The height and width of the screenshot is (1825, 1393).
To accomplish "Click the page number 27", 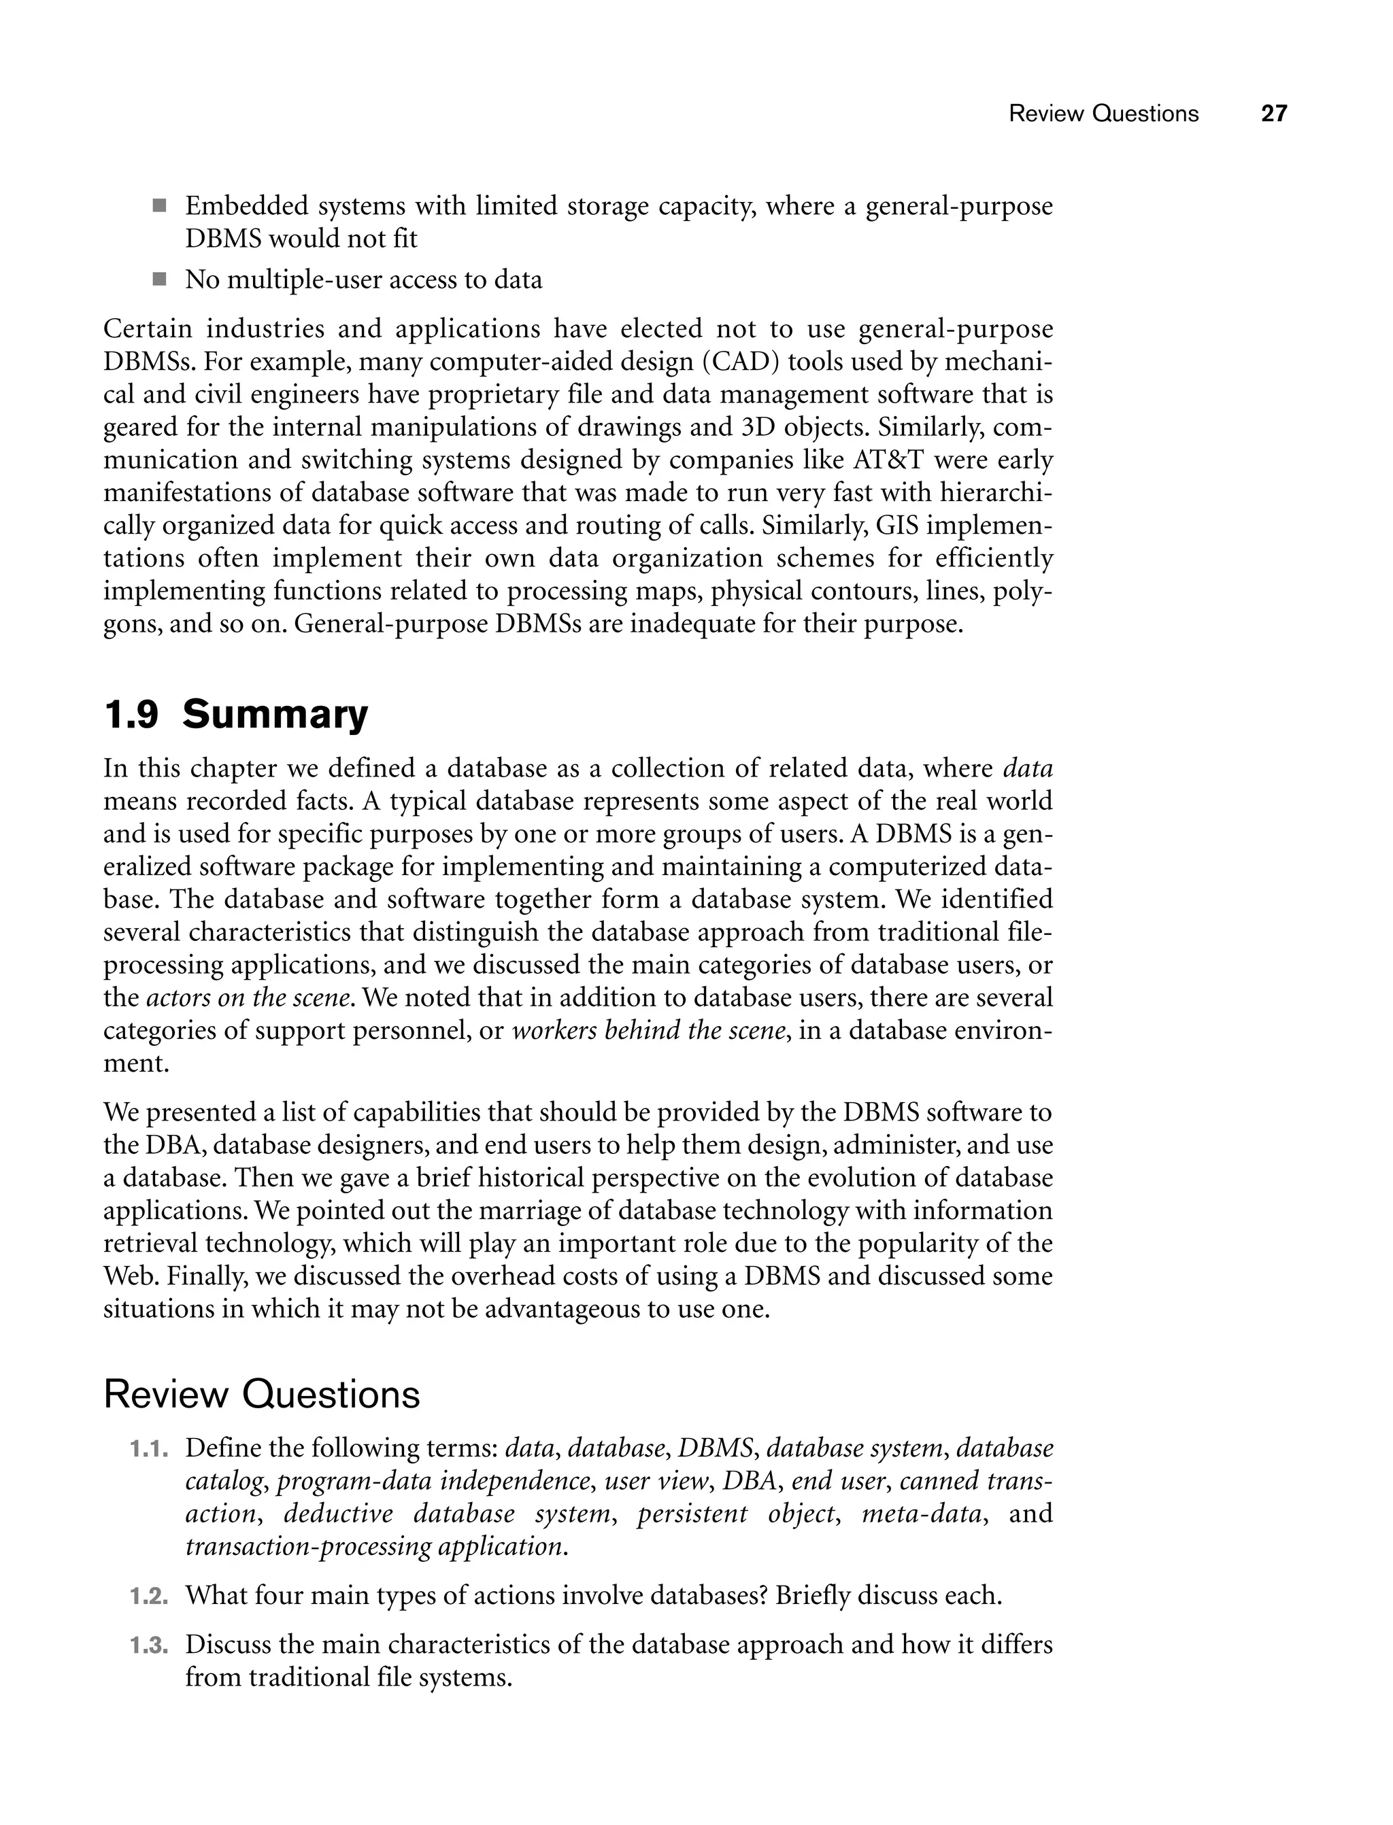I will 1273,114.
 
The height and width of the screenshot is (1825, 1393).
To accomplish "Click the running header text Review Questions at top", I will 1103,114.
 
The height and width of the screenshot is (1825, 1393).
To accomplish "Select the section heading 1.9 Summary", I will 235,715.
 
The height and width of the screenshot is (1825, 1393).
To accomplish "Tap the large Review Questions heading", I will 261,1395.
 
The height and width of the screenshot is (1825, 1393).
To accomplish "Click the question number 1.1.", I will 149,1450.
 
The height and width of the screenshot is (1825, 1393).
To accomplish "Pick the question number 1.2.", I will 149,1597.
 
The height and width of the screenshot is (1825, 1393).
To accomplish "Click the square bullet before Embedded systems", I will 159,205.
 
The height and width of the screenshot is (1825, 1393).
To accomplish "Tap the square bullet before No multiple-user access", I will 159,279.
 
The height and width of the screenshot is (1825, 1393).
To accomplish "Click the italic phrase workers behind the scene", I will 648,1031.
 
